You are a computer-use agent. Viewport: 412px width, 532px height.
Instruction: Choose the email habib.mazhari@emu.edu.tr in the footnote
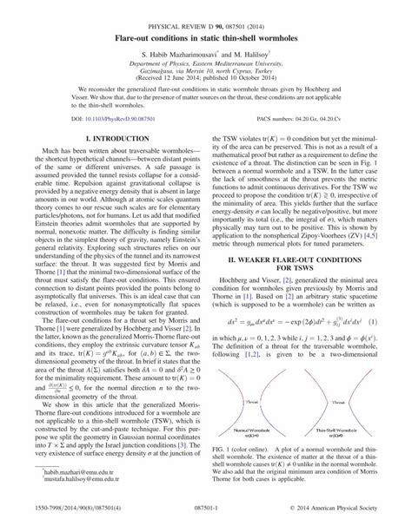pos(61,491)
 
